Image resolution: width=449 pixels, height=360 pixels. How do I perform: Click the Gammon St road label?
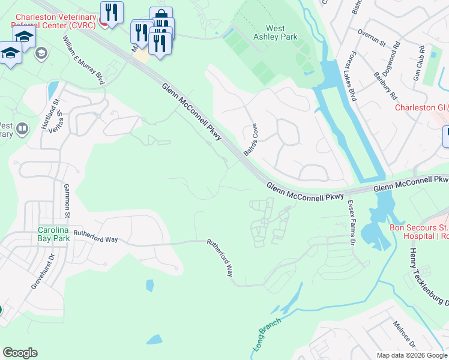point(67,201)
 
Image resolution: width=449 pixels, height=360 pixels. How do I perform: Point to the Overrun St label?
point(371,43)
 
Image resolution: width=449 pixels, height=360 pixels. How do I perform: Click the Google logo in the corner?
point(20,353)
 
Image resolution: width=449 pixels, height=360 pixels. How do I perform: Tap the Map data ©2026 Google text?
point(411,355)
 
